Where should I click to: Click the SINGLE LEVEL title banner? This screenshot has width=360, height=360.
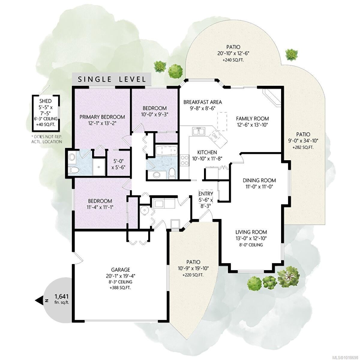112,79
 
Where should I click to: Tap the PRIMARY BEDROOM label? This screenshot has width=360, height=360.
102,117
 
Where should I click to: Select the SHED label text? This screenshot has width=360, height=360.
46,101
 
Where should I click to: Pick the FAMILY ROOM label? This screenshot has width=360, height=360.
252,118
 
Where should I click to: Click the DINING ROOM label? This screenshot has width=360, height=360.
259,180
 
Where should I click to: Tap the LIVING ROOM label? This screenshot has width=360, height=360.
251,232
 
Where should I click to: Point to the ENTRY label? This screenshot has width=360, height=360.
205,194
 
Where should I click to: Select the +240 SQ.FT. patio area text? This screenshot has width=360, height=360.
233,60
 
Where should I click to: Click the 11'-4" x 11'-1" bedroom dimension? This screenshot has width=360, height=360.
100,207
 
